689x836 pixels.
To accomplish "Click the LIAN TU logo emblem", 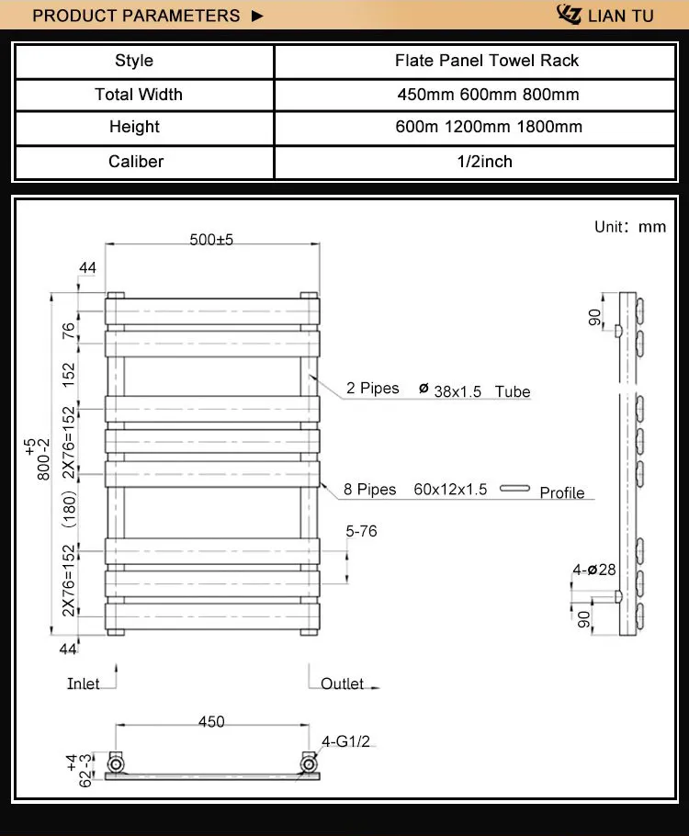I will click(570, 15).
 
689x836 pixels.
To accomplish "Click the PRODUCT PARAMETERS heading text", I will click(136, 16).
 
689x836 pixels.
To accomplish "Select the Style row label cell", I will click(134, 61).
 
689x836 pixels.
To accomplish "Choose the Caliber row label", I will click(135, 162).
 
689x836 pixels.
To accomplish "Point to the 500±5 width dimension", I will click(211, 239).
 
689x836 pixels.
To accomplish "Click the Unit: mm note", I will click(629, 227).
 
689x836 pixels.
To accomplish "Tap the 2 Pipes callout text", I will click(372, 389).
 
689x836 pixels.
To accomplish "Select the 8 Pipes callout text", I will click(370, 490).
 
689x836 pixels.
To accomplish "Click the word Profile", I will click(561, 493).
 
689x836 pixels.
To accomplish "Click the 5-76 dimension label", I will click(361, 531).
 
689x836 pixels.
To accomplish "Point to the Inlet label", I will click(84, 684).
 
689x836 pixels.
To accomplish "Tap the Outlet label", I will click(342, 684).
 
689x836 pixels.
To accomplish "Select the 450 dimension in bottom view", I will click(211, 722).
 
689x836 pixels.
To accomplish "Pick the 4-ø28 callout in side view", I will click(593, 570).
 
